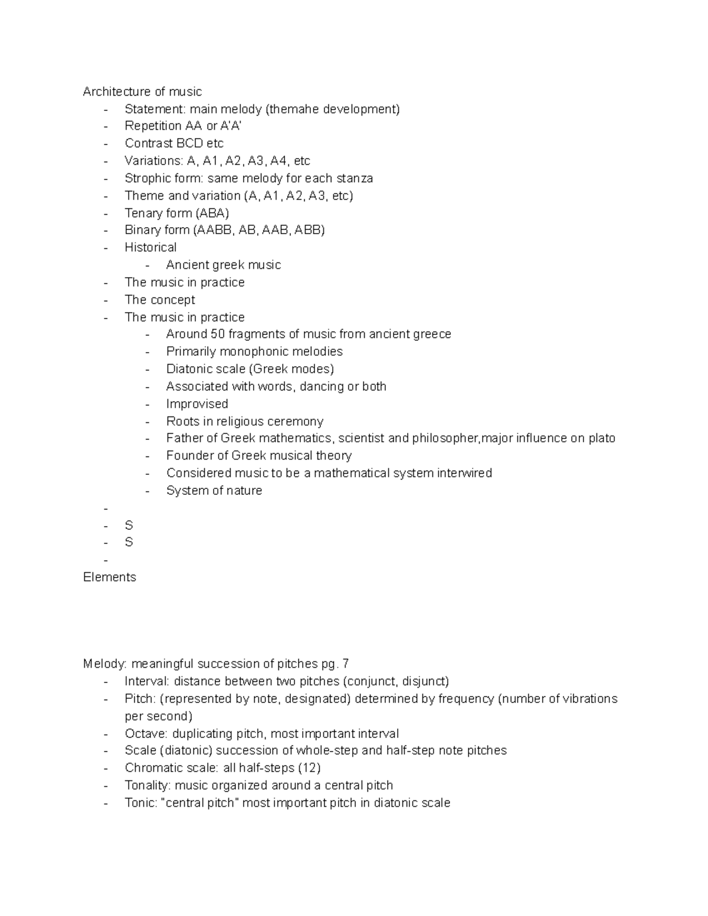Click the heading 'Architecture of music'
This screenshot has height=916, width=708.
coord(142,91)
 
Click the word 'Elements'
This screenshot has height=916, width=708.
coord(110,577)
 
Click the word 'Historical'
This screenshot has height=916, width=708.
coord(150,247)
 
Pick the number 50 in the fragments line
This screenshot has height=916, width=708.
coord(218,334)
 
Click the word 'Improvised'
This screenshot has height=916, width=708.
coord(197,404)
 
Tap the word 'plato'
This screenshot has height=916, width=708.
coord(602,438)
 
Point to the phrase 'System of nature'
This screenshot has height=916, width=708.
coord(214,491)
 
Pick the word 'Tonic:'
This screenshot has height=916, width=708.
coord(141,803)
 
